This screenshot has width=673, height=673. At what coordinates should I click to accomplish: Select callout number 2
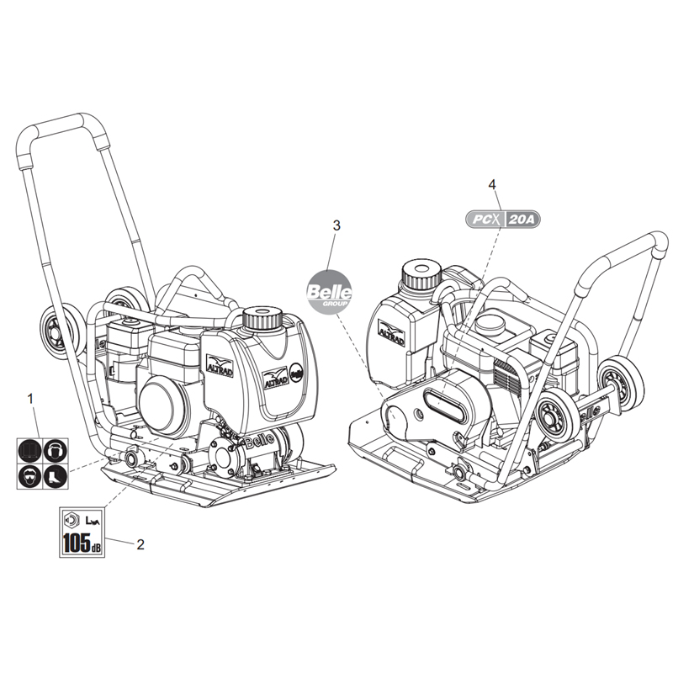pos(140,544)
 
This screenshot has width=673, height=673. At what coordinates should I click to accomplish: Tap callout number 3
pos(336,225)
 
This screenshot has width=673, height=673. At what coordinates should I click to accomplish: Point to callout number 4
pos(492,183)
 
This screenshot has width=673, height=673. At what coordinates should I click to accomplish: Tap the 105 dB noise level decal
pos(81,532)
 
